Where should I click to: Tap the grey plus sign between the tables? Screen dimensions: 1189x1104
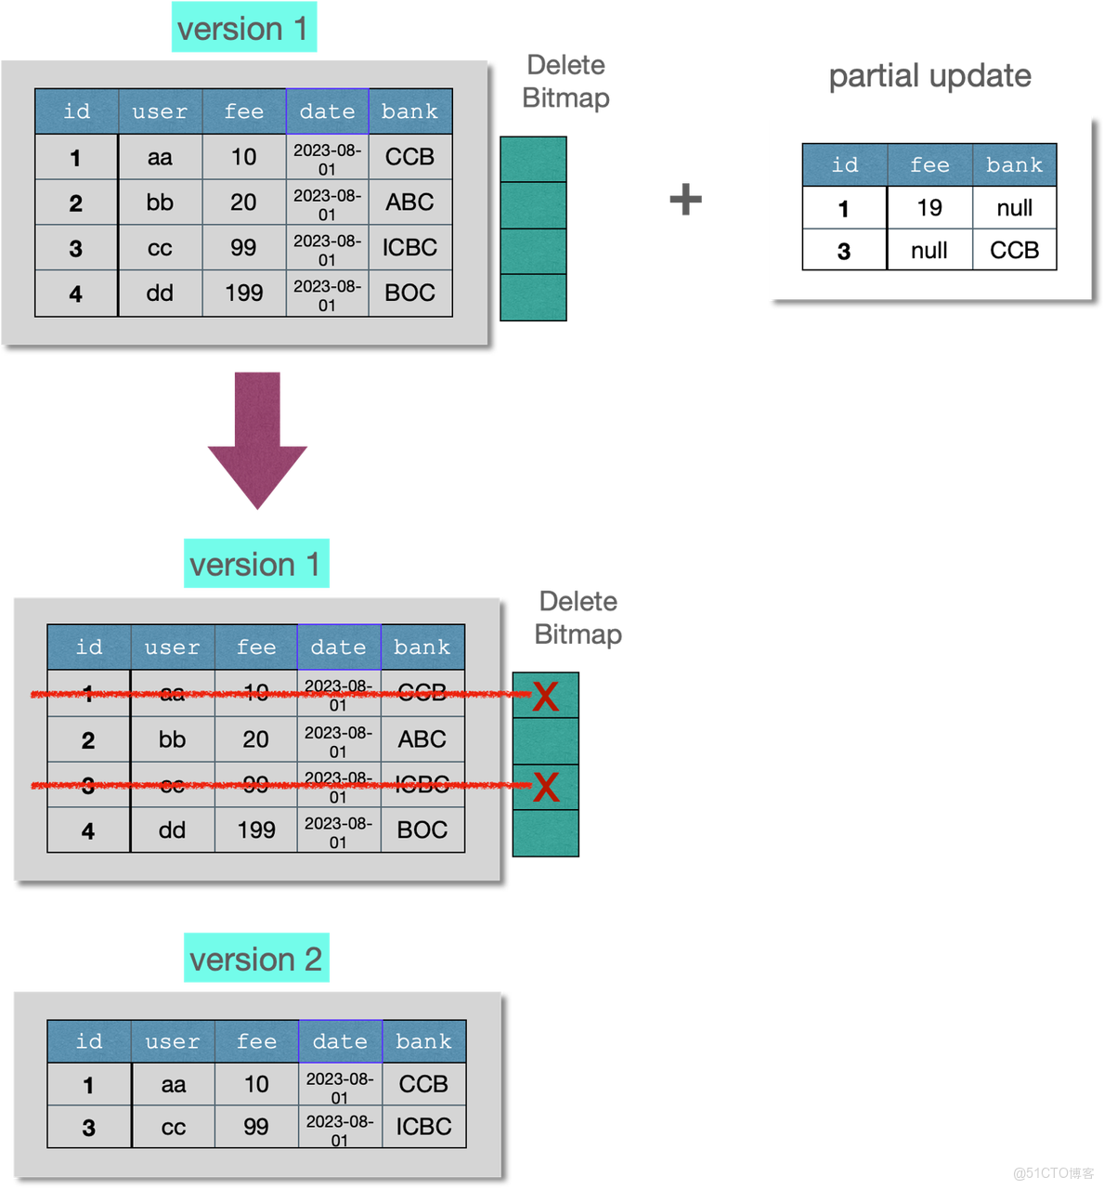tap(685, 200)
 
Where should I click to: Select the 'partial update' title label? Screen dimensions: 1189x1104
tap(929, 75)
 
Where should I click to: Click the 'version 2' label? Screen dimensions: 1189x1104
tap(256, 958)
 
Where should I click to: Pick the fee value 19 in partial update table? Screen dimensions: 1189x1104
tap(929, 208)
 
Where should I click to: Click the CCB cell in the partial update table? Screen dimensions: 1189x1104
tap(1014, 250)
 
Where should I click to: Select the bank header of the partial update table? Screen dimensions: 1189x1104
tap(1014, 165)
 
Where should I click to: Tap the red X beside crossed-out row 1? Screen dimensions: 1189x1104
tap(546, 696)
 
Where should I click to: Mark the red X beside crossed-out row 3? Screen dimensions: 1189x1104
tap(546, 788)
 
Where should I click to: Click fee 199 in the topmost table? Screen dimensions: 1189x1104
tap(243, 294)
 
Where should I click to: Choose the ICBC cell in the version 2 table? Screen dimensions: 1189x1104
tap(423, 1127)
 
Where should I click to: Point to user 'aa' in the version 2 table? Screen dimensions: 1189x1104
tap(173, 1084)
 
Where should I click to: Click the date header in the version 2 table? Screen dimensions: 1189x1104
tap(340, 1041)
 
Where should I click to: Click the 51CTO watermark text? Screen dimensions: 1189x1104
tap(1052, 1172)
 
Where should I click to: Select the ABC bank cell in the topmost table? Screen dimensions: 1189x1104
tap(409, 203)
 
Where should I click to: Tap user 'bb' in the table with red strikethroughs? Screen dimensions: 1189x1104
tap(172, 739)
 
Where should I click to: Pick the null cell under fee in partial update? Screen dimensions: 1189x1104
tap(929, 250)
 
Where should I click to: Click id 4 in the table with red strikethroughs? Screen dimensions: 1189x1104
tap(88, 830)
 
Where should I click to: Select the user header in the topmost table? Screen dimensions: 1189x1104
tap(160, 111)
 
